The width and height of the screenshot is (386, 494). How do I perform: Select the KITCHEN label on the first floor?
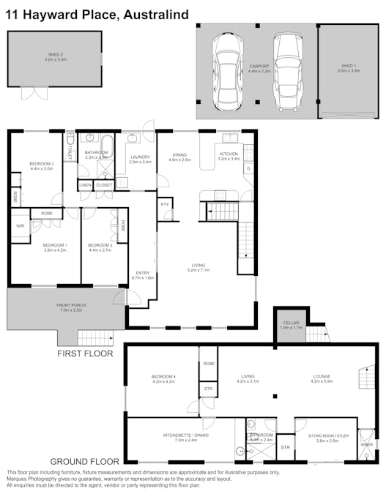pos(229,154)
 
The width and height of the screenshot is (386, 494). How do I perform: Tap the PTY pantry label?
pos(165,204)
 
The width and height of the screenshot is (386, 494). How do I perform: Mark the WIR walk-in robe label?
pos(20,227)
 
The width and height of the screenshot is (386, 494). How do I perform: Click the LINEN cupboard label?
pos(85,185)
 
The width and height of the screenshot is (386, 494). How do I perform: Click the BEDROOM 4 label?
pos(164,376)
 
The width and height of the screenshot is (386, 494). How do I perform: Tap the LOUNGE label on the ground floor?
pos(322,376)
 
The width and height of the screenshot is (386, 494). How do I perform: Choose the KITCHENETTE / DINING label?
pos(182,435)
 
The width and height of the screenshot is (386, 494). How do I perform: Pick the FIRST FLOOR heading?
pos(85,353)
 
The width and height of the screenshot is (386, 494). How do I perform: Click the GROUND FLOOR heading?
pos(84,462)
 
